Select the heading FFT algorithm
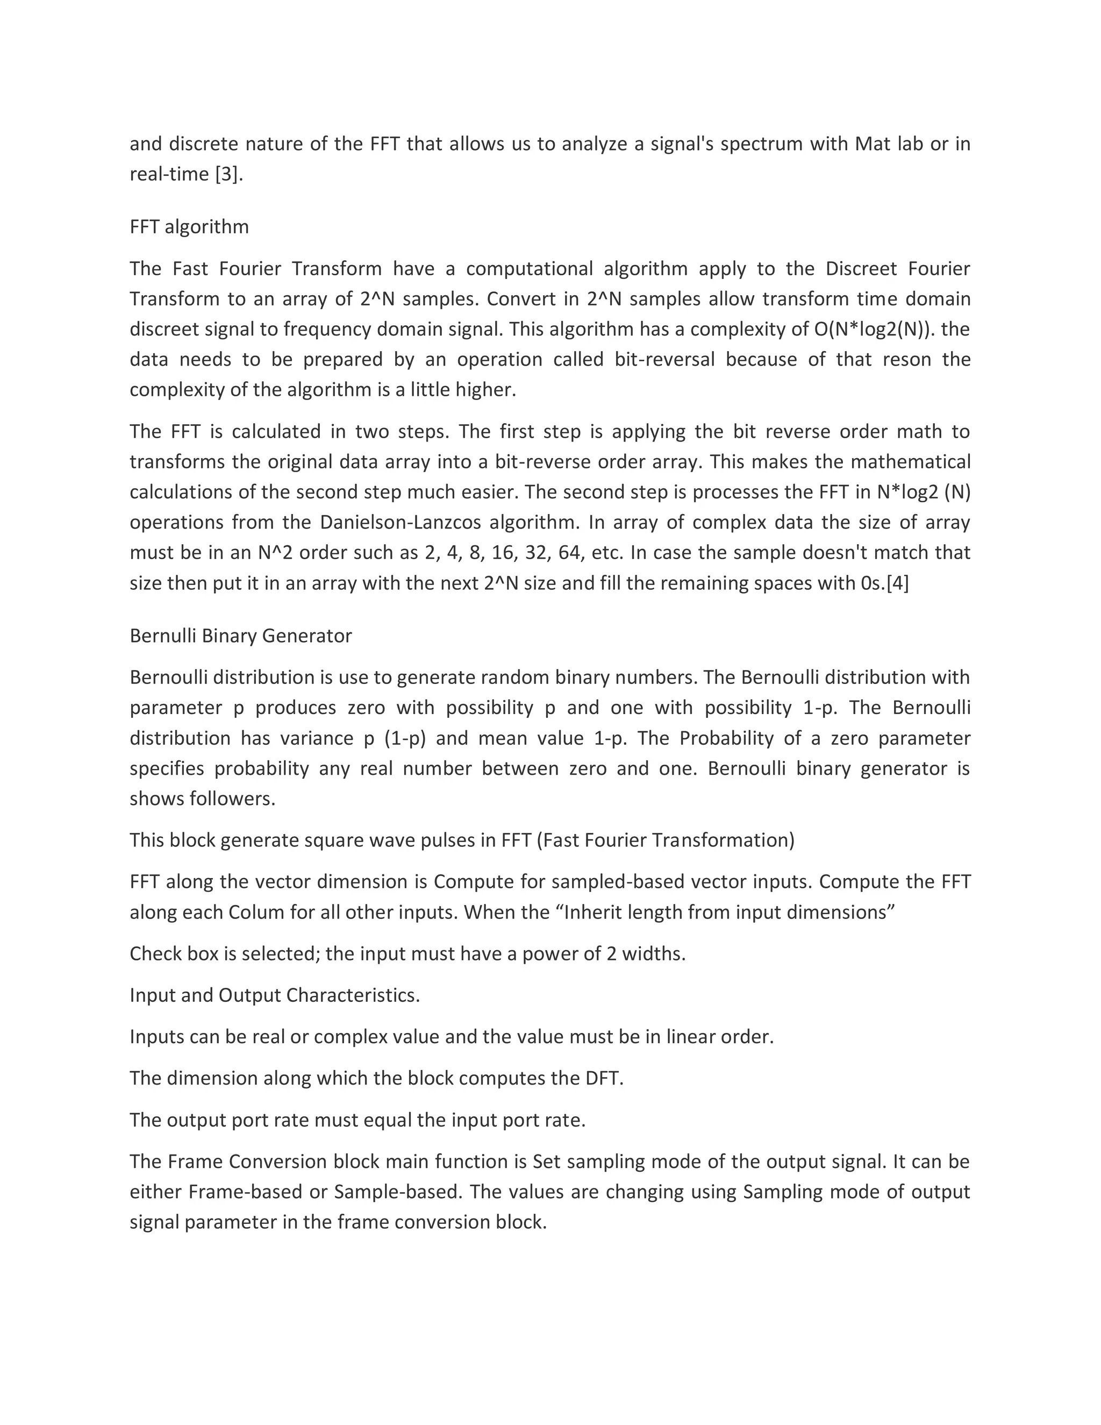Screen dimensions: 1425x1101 [x=189, y=226]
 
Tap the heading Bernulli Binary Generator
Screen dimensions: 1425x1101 [x=241, y=636]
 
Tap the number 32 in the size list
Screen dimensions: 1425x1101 [x=535, y=553]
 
